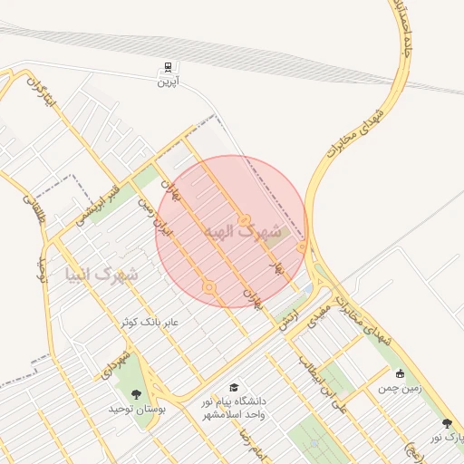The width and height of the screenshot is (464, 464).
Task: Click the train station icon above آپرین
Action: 168,68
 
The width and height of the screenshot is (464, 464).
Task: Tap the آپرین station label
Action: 166,82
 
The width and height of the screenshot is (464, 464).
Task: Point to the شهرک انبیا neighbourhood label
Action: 102,272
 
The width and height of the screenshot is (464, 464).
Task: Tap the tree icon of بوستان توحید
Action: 136,394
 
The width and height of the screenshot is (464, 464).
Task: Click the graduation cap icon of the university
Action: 235,388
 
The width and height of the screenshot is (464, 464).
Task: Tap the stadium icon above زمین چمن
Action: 400,372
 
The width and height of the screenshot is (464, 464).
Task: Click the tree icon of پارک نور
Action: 446,423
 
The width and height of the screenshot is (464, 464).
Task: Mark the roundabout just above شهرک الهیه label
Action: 245,220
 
